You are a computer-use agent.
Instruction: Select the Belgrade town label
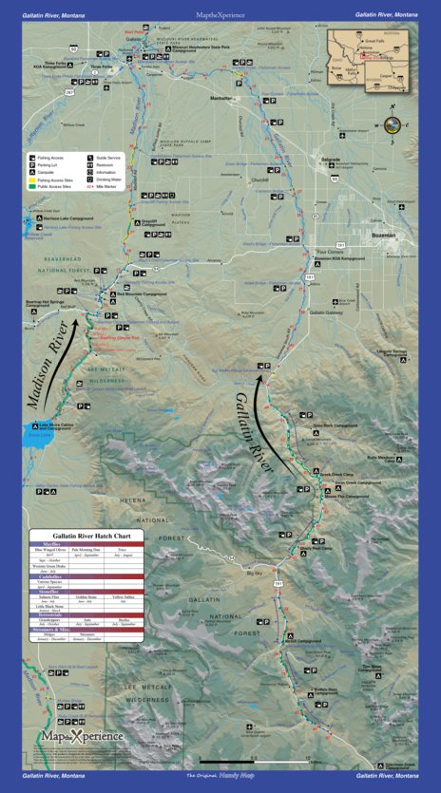(x=331, y=159)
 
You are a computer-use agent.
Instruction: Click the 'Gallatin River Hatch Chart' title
(x=79, y=537)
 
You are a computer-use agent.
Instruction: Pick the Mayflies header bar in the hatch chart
(x=79, y=545)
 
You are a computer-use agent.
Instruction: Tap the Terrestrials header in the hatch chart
(x=79, y=614)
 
